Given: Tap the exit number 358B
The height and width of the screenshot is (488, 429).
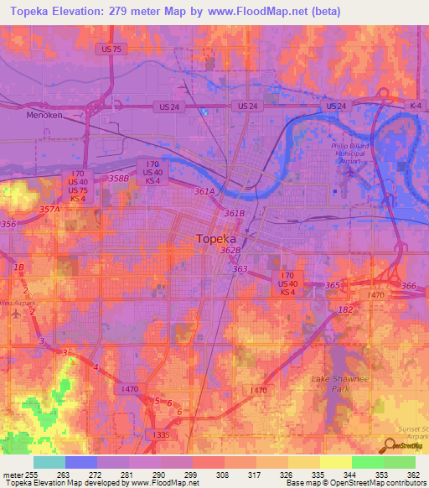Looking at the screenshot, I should (x=118, y=178).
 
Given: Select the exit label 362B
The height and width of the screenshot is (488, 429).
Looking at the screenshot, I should (x=230, y=250).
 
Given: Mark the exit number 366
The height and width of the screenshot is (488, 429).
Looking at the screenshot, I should (x=408, y=287).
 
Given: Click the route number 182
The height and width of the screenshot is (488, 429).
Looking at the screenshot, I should (x=344, y=310).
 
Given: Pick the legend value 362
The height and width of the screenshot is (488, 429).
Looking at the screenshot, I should (x=413, y=474).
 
